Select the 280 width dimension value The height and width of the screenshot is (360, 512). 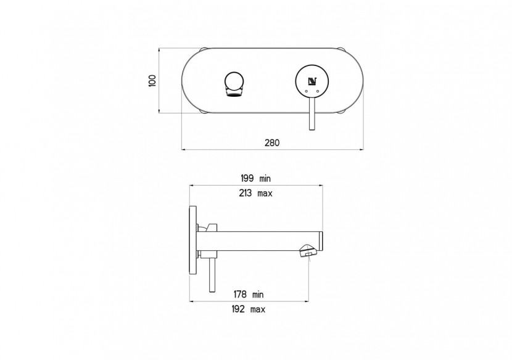coord(272,142)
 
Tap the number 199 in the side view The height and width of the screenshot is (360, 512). coord(247,178)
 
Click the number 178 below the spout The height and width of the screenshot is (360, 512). coord(243,294)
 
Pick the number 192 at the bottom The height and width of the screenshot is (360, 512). coord(243,309)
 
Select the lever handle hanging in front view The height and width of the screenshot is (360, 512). coord(312,113)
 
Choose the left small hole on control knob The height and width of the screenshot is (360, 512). coord(305,91)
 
